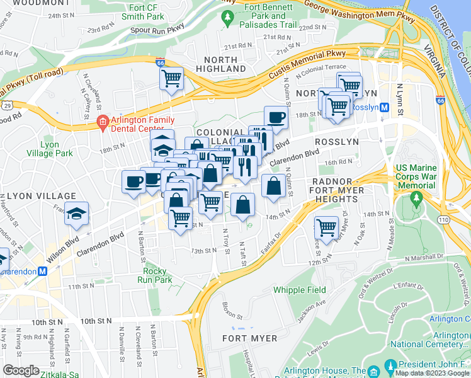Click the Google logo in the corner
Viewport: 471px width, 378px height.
coord(21,370)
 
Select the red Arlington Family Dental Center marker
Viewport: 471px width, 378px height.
coord(101,121)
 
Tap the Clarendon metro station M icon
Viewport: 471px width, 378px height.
coord(43,272)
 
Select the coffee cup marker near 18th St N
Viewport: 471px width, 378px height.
coord(275,117)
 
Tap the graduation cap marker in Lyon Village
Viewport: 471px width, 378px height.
coord(76,214)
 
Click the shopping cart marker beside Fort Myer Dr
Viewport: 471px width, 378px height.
coord(326,227)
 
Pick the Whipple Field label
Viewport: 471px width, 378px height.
coord(299,290)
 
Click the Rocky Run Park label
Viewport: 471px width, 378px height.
coord(155,275)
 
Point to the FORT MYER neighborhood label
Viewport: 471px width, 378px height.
coord(250,338)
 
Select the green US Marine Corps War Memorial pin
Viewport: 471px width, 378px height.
coord(416,198)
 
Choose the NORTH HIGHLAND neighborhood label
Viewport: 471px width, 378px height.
coord(220,63)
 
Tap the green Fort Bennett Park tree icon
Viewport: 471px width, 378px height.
coord(227,19)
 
